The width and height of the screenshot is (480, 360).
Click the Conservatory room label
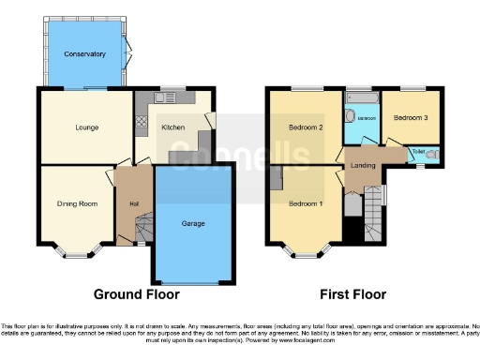click(84, 54)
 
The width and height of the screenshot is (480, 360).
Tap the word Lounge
click(87, 127)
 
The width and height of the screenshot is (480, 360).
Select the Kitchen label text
click(173, 127)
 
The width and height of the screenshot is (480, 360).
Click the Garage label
click(192, 223)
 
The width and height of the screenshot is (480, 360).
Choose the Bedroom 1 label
click(306, 203)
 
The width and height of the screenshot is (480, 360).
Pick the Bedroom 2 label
click(306, 127)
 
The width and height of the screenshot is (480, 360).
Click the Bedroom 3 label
click(411, 118)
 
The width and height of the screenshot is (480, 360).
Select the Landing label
click(363, 167)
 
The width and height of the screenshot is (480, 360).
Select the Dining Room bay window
click(76, 251)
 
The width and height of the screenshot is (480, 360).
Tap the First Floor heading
click(352, 294)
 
